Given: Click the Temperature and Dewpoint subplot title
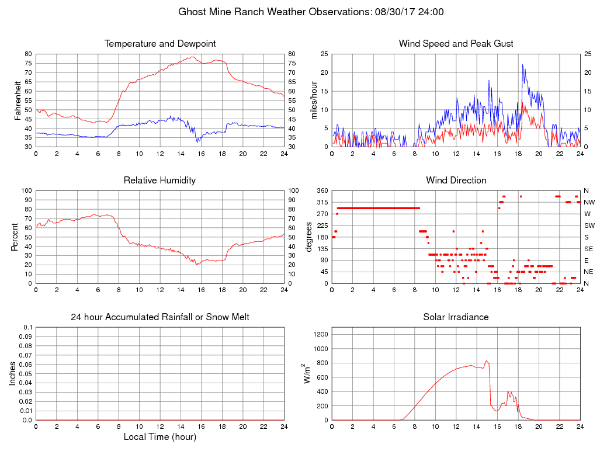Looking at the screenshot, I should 160,44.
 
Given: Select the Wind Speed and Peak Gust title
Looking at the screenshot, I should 456,44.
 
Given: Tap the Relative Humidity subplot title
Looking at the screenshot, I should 160,181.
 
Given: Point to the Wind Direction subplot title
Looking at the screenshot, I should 456,181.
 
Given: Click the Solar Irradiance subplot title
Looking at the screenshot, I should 456,317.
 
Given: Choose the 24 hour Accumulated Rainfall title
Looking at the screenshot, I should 160,317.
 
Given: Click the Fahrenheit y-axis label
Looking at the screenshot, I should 18,100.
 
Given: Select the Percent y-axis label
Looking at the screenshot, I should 14,237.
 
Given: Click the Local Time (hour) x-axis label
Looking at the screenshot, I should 160,437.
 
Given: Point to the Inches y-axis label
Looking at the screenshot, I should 13,374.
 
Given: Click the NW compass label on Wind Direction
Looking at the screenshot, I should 589,202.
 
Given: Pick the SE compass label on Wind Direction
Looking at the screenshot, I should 588,249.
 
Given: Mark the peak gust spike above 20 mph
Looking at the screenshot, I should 523,65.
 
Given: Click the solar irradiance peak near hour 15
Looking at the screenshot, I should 486,361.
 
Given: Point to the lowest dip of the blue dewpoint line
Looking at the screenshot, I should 198,141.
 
